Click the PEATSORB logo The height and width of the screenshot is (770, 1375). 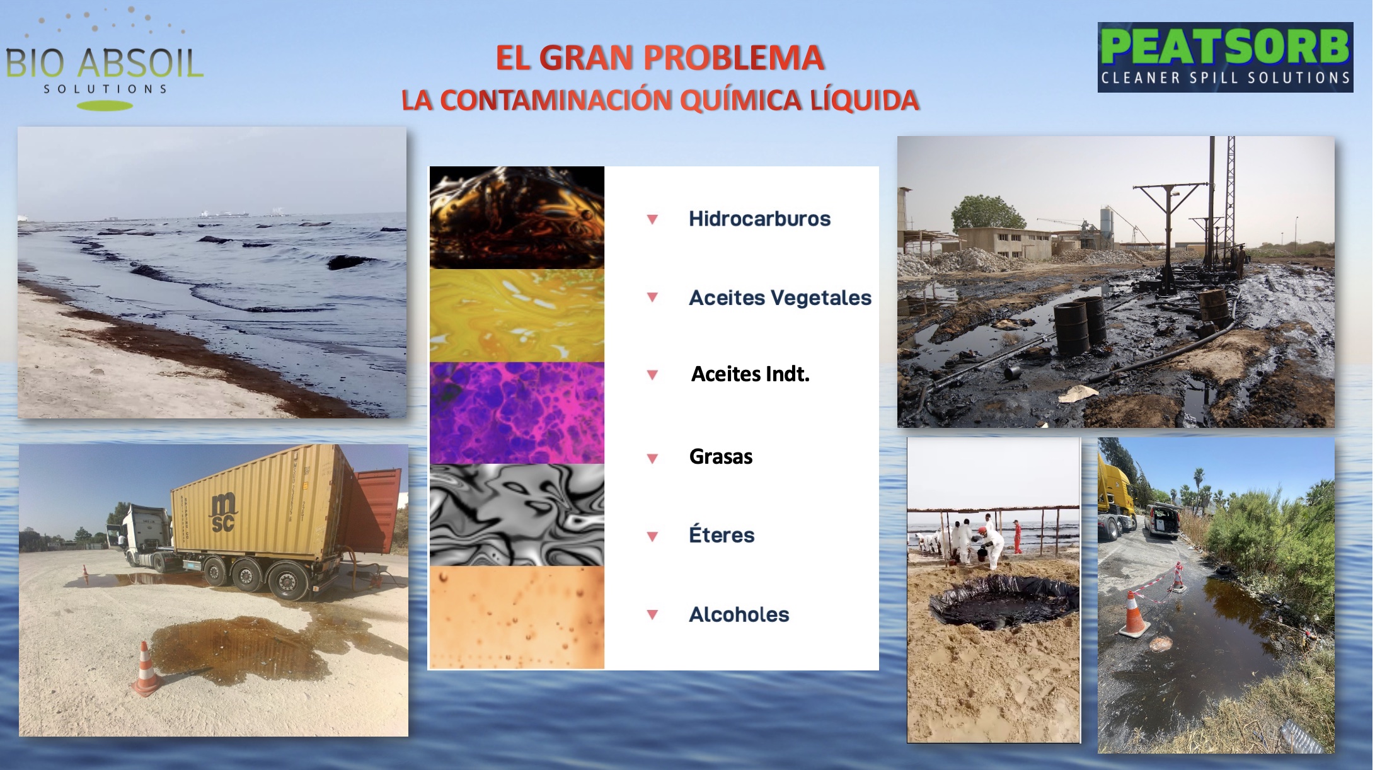1225,57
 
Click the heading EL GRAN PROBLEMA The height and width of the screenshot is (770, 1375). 660,58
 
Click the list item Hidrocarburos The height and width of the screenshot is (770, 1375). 759,219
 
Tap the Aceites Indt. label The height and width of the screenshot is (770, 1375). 750,374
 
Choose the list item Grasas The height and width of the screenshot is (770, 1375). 721,456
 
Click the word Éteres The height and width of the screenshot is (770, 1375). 722,535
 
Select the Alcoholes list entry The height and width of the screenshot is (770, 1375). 739,614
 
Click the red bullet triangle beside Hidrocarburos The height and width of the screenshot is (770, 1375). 652,219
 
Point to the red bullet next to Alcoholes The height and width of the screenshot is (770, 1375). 652,614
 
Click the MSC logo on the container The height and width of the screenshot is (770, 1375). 223,512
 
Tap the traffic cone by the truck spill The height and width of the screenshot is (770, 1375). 146,669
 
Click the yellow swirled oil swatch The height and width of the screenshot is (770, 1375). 517,316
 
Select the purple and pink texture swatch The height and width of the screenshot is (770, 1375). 517,413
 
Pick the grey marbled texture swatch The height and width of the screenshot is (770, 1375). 517,515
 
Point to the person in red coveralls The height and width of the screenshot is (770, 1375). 1016,536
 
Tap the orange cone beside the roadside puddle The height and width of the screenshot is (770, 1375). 1134,614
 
